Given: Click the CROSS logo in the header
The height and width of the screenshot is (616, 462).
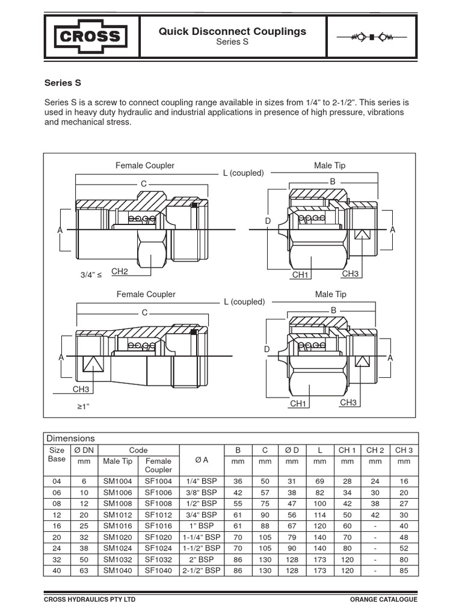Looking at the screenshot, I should (x=91, y=37).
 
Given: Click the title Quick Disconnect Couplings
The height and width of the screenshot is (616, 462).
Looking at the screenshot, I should (x=232, y=31).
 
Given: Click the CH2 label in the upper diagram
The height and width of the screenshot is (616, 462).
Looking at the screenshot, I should (x=120, y=272).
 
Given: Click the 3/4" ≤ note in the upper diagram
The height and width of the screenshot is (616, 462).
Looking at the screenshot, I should (x=91, y=275).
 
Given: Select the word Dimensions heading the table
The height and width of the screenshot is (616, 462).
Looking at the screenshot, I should (x=70, y=439).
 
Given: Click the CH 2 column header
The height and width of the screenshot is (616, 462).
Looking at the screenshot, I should (x=375, y=450).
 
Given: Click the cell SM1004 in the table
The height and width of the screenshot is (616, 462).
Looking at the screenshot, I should (x=117, y=481).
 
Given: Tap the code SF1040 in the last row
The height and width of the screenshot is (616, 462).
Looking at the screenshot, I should (x=158, y=570).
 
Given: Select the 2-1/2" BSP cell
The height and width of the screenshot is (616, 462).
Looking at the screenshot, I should (x=202, y=570).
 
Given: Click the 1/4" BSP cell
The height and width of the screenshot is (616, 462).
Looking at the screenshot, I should (x=202, y=481).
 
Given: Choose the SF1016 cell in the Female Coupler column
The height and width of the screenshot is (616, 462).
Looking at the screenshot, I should (x=158, y=526).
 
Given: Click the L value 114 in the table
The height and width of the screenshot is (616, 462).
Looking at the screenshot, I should (x=319, y=515).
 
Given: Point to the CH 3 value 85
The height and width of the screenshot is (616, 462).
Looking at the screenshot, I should (x=404, y=570).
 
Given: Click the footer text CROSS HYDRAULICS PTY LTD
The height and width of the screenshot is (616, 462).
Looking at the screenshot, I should (x=90, y=600).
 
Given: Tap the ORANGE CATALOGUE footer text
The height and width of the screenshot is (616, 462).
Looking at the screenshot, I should (x=383, y=600).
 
